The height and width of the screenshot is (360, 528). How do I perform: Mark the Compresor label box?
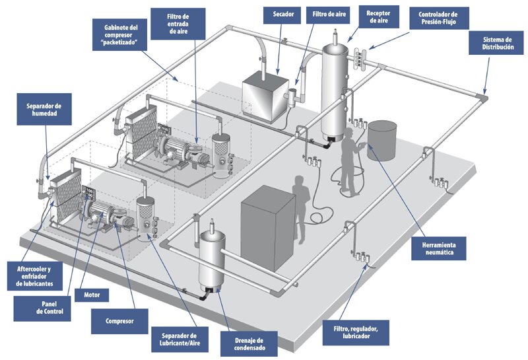coord(119,322)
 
